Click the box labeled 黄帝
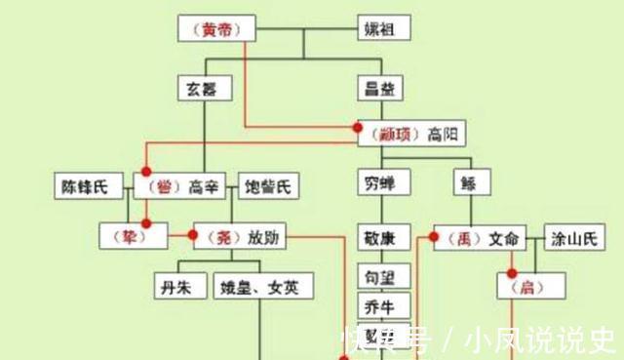216,29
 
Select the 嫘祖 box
381,29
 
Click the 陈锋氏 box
87,186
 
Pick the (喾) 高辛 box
180,186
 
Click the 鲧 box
471,182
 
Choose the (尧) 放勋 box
238,235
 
